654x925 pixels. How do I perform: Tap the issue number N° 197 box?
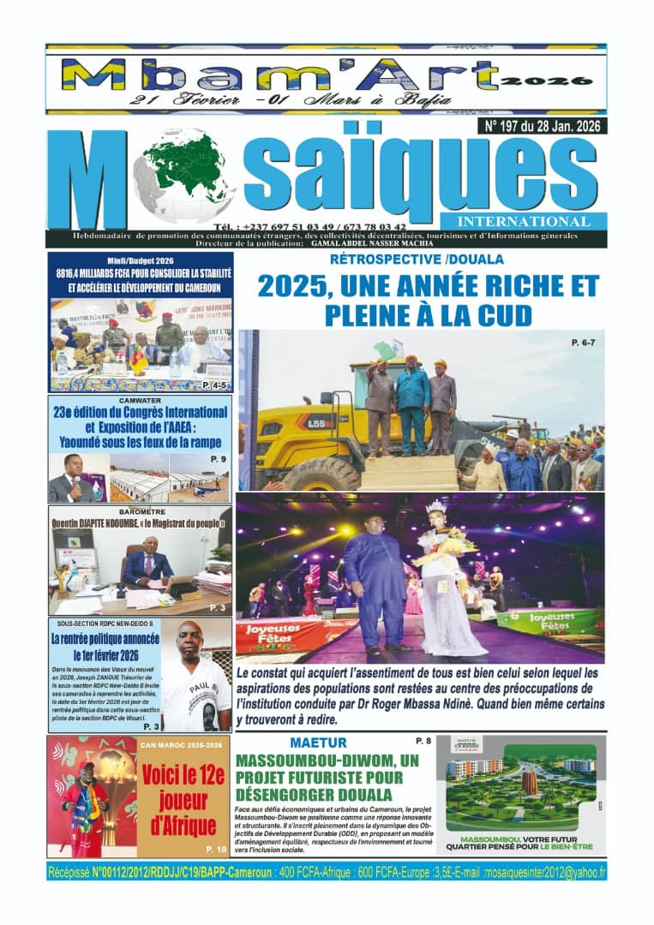tap(546, 126)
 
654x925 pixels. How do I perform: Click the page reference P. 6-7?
tap(587, 343)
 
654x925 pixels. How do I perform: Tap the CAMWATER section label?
tap(140, 399)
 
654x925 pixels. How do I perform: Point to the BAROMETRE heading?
tap(140, 510)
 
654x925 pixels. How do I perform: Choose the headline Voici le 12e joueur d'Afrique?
tap(183, 802)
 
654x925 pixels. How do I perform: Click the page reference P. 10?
tap(215, 849)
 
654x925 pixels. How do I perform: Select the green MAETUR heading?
tap(318, 743)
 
